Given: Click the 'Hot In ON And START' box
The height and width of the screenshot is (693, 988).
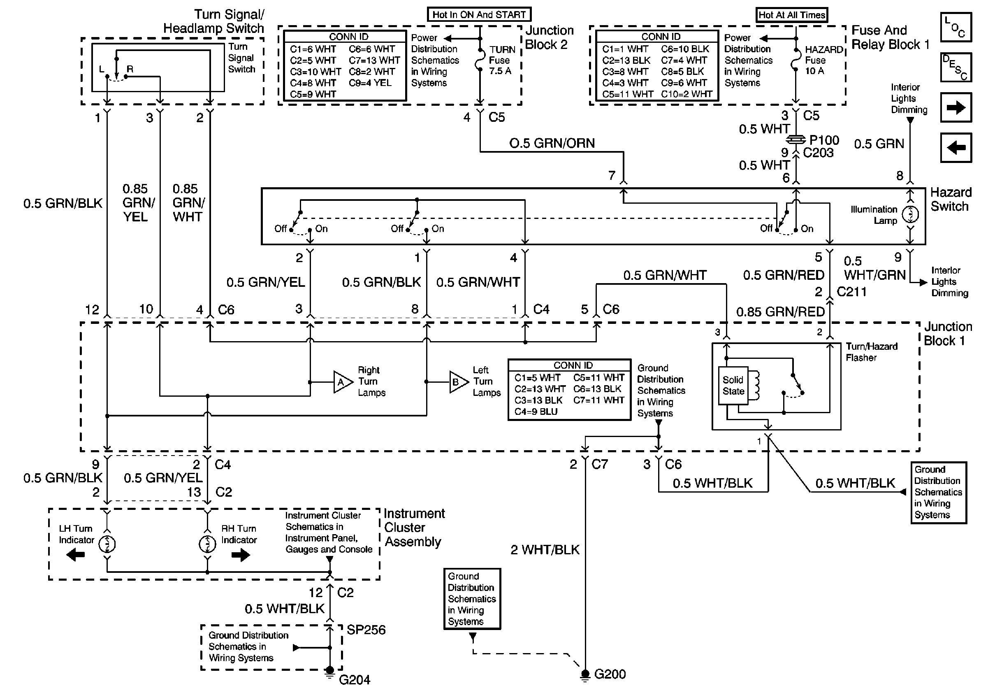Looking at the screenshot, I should [x=479, y=15].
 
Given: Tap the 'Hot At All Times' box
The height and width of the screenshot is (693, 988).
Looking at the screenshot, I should [x=792, y=15].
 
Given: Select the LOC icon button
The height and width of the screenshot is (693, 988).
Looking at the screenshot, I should [x=956, y=27].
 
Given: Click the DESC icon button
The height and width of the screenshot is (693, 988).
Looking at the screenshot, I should [x=956, y=67].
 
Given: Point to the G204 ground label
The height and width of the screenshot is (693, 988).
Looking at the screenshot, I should [x=355, y=680].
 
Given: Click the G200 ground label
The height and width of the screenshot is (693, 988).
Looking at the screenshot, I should [x=610, y=674].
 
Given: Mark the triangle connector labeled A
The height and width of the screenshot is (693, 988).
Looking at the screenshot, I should [x=342, y=382].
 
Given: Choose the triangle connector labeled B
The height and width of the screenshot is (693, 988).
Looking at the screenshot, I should [x=457, y=382].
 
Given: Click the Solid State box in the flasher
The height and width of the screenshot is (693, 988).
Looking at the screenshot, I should [x=733, y=386].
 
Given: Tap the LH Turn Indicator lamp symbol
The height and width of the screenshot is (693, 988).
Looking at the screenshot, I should [x=107, y=544].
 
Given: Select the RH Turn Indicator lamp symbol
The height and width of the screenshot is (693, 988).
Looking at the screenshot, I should [x=207, y=544].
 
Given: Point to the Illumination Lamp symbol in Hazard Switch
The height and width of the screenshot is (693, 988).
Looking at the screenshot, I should [x=910, y=214].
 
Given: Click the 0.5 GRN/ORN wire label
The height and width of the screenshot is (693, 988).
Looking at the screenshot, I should [x=552, y=143].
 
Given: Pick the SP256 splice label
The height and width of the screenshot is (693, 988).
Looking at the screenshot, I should [x=366, y=630].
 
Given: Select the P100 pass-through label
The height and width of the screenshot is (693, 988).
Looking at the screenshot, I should [x=824, y=140].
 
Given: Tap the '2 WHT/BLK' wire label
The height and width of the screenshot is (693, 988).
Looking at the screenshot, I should [x=545, y=550].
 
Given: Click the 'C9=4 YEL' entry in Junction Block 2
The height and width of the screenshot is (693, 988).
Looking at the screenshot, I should [x=370, y=83].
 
